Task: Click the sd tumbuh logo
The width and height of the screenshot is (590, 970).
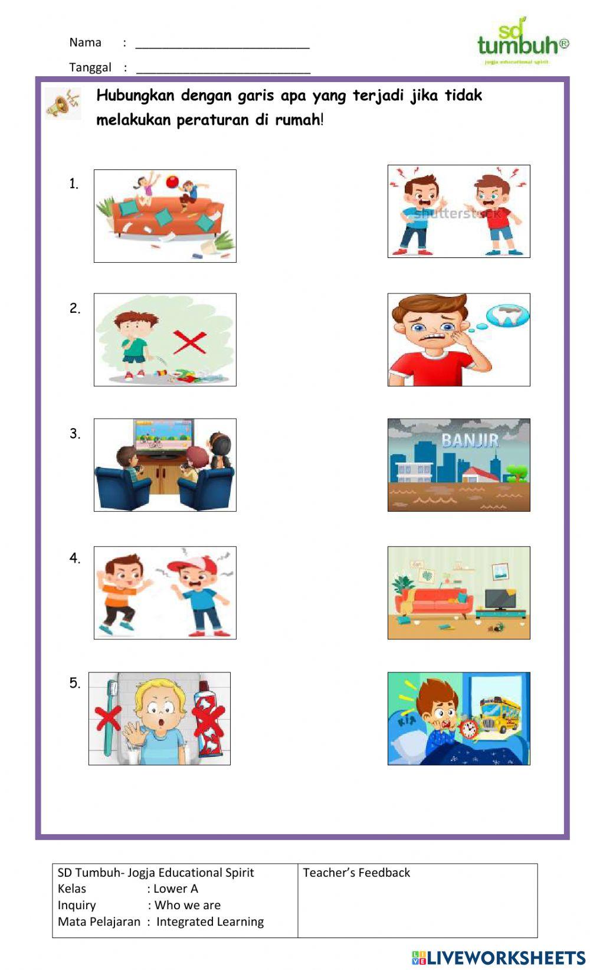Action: pos(522,41)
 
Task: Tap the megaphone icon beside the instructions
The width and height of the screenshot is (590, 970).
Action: pos(63,104)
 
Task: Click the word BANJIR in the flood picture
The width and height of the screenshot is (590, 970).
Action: pos(470,440)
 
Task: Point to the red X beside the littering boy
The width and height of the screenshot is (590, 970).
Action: pos(189,342)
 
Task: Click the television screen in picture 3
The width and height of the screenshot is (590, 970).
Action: pos(164,435)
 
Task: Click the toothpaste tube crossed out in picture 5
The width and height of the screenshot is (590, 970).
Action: pos(208,717)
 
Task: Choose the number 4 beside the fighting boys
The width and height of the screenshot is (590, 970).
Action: pos(74,559)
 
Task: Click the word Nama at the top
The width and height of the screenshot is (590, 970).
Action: pos(85,43)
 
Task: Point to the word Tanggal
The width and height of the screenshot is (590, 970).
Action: pos(90,67)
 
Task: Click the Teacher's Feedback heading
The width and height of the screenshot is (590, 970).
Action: pos(356,873)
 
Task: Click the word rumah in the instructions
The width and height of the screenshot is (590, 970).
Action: pos(298,120)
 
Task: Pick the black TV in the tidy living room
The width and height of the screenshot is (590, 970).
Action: pos(500,599)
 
